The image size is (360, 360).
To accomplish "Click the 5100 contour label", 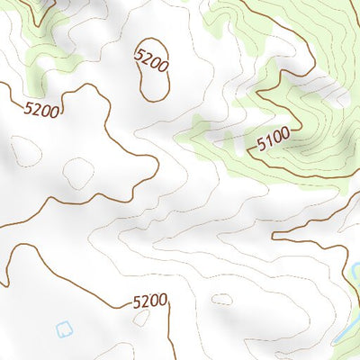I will point(273,141).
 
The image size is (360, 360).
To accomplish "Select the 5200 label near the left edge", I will point(42,111).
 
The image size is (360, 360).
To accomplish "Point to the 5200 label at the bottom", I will point(149,301).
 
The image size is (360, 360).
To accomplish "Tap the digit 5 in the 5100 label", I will point(261,145).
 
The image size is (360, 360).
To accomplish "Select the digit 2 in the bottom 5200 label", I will point(145,301).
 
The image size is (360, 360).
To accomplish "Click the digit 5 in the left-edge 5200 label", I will point(30,109).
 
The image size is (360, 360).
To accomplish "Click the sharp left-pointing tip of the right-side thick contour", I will point(273,237).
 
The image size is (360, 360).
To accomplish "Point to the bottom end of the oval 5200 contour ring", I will point(155,100).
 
